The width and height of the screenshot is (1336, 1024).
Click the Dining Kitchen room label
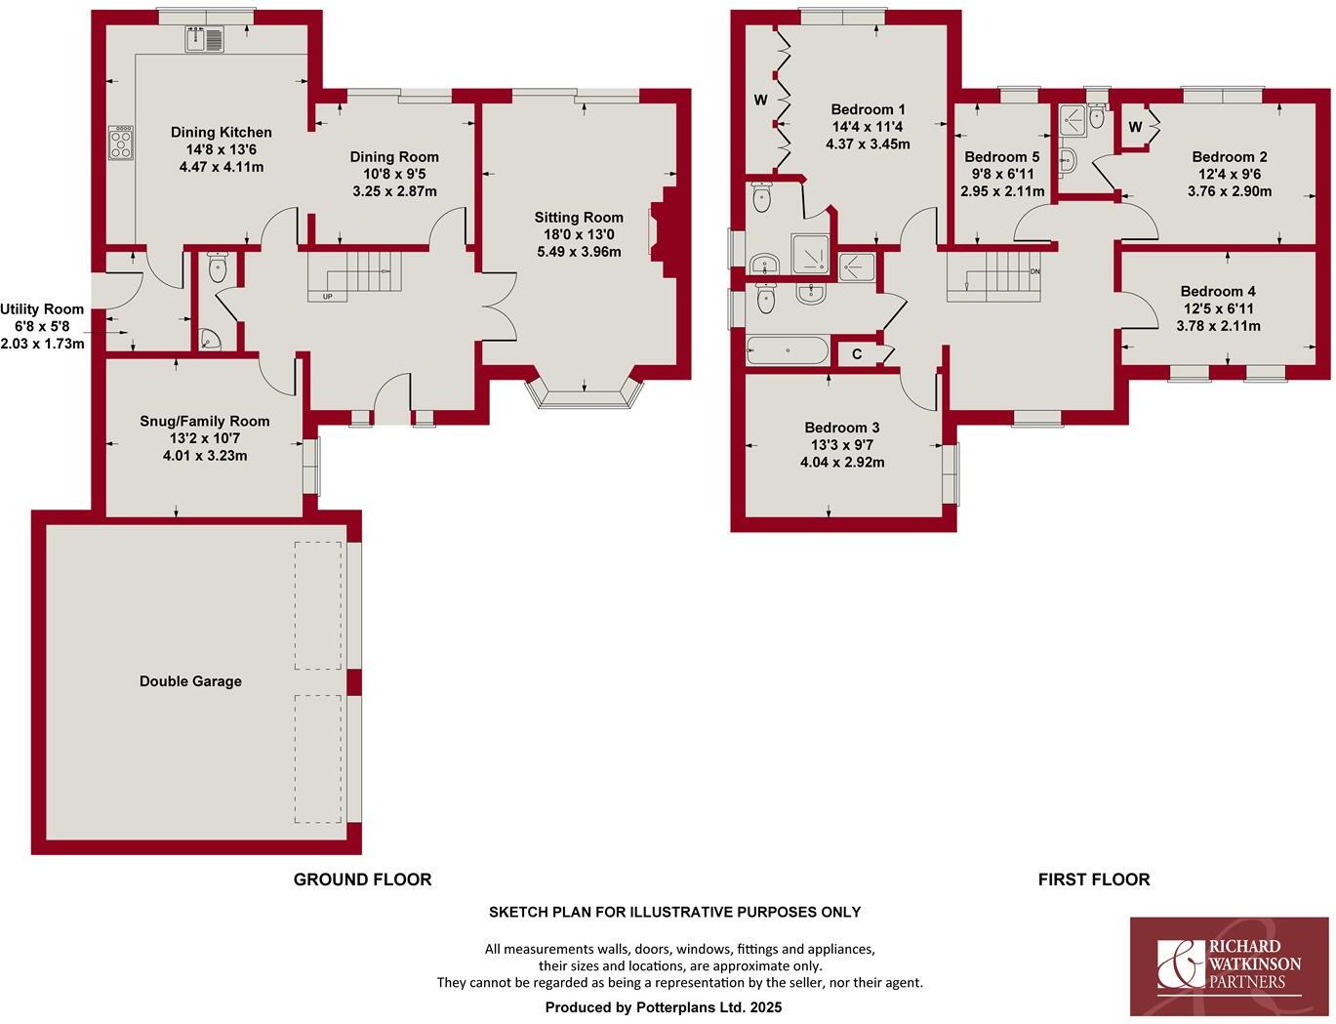(222, 133)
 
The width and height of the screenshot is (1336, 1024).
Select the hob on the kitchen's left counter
(121, 143)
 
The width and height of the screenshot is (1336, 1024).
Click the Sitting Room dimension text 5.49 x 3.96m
(578, 252)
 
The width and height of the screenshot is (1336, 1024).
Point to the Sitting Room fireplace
(660, 232)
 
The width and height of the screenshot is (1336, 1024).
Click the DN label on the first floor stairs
(1034, 271)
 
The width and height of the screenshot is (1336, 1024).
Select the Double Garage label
(190, 681)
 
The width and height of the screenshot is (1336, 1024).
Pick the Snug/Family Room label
(205, 422)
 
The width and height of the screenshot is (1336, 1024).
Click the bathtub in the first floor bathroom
(787, 349)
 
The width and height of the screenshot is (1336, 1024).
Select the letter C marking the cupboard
(857, 354)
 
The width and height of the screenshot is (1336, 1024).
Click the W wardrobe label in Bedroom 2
(1135, 127)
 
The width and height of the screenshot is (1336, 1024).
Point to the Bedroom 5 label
(1001, 157)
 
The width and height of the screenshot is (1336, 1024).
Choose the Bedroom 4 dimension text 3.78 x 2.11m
(1218, 326)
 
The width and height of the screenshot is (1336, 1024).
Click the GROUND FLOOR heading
(362, 880)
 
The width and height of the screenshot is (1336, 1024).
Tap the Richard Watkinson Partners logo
(1229, 965)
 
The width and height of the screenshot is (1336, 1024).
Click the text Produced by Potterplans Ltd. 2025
(663, 1006)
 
